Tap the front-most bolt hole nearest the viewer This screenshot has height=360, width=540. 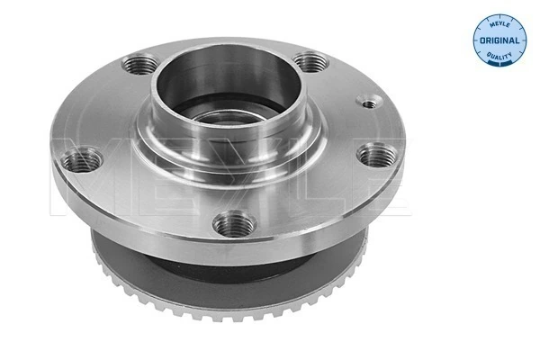click(x=234, y=220)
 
